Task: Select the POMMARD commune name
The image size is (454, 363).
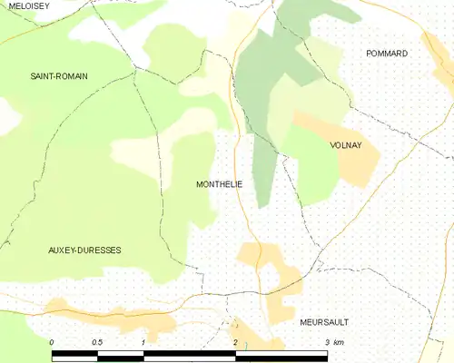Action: [387, 54]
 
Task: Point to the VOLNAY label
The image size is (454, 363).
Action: [347, 144]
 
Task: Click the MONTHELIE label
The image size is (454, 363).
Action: [219, 184]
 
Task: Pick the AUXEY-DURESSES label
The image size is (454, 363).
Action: [84, 250]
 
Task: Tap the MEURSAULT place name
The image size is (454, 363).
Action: [324, 322]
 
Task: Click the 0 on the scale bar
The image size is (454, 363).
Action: [52, 342]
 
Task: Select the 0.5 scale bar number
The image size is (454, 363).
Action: [96, 342]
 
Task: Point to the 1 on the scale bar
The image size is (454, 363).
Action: [143, 342]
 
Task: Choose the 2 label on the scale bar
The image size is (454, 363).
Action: [235, 342]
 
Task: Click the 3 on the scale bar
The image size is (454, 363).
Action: [327, 342]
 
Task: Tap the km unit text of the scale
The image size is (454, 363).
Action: [339, 342]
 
